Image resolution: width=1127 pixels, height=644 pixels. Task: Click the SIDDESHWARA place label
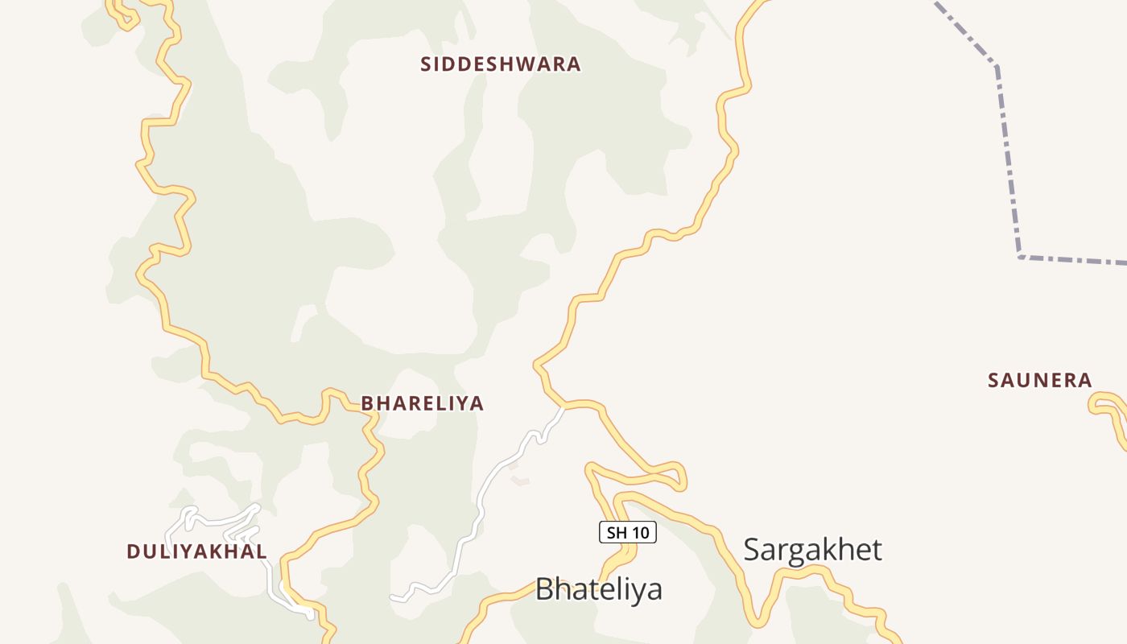coord(500,64)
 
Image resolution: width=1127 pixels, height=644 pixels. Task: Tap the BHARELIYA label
coord(422,403)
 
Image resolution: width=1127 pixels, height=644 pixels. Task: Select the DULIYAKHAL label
coord(196,551)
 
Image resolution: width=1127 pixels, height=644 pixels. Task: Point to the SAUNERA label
coord(1039,380)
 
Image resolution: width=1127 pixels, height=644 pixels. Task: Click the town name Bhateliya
coord(598,588)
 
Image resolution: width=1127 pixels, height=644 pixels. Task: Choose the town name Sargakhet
coord(812,550)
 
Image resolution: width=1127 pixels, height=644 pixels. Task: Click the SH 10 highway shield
coord(628,532)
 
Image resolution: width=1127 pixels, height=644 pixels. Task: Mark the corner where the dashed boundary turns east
coord(1020,257)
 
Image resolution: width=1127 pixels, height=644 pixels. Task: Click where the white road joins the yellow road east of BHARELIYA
coord(563,407)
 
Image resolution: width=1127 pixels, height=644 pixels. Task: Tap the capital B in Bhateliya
coord(545,588)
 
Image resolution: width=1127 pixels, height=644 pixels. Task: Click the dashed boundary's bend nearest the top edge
coord(997,64)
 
